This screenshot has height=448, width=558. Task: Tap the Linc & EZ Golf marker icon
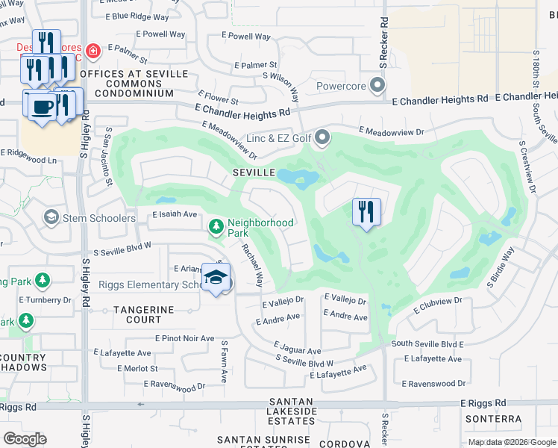322,137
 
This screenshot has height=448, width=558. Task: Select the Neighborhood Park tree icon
216,225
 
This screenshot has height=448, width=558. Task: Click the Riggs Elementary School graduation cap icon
216,278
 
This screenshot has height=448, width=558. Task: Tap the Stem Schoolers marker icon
51,217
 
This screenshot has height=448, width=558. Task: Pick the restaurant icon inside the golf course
366,211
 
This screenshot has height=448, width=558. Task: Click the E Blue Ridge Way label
139,16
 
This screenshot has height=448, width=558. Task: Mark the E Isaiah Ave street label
174,214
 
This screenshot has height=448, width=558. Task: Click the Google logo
25,438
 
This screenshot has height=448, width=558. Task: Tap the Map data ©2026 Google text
511,442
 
